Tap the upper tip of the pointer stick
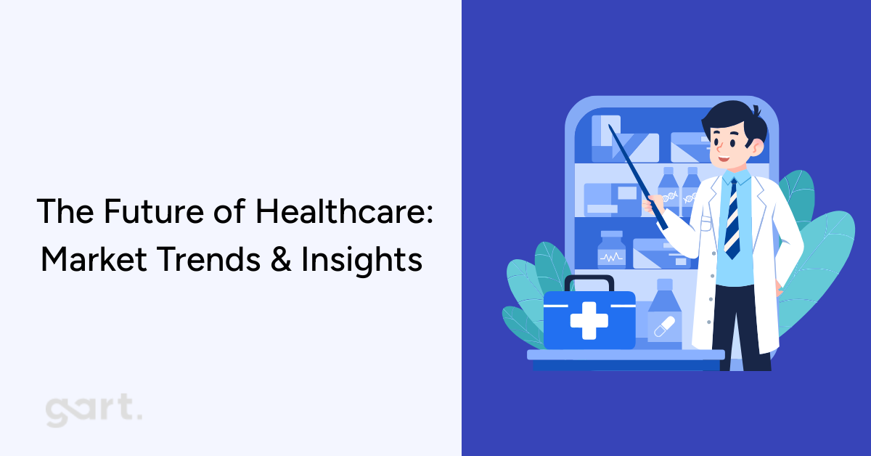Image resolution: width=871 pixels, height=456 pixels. click(610, 128)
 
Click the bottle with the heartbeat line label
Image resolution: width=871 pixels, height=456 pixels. click(611, 251)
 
